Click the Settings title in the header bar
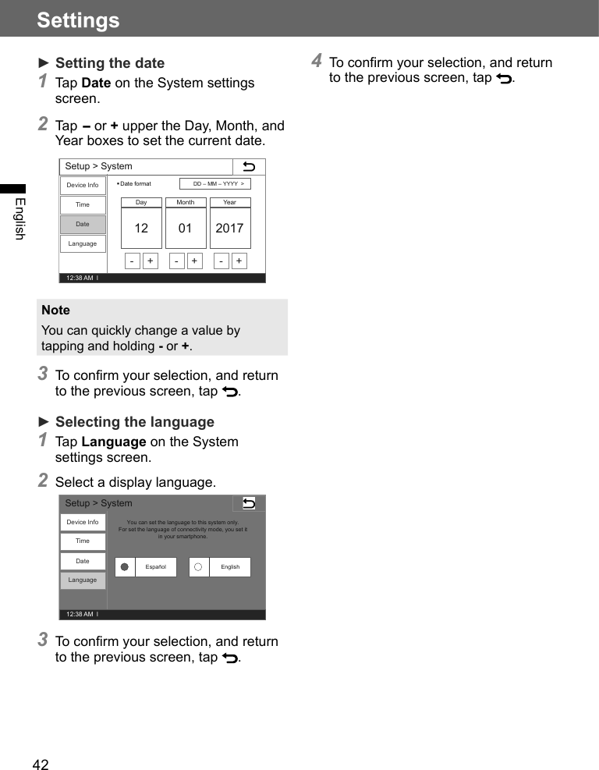click(x=78, y=20)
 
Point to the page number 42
click(x=41, y=765)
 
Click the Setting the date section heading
click(x=109, y=63)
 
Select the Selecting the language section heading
click(x=134, y=422)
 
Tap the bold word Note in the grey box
click(x=55, y=310)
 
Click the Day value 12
click(x=141, y=229)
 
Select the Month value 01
click(x=185, y=229)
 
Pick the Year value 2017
click(x=229, y=229)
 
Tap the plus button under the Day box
click(x=150, y=261)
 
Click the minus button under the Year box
click(x=221, y=261)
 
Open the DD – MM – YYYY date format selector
click(x=215, y=184)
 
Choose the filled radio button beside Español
click(x=125, y=567)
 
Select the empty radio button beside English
click(x=199, y=567)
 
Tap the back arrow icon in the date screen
click(x=249, y=167)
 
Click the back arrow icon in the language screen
click(x=249, y=503)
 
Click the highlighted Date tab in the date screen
click(x=83, y=225)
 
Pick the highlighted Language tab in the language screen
click(x=83, y=580)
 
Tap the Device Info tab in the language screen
click(x=83, y=522)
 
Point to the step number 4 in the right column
click(x=317, y=60)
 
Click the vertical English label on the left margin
click(x=19, y=218)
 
